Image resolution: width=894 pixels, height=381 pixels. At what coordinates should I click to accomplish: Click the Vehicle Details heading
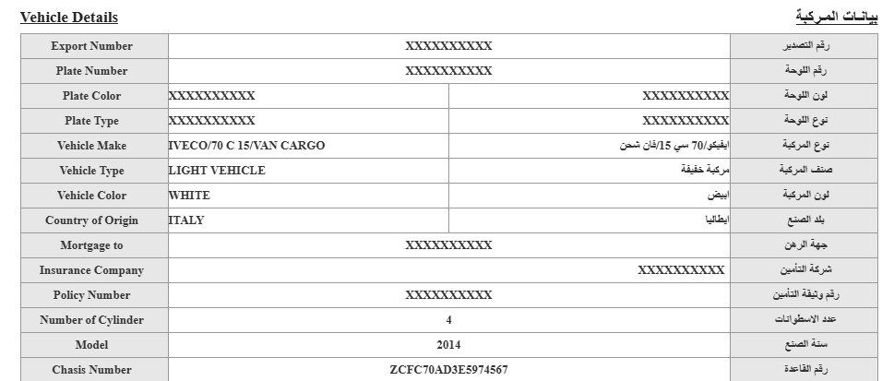(69, 18)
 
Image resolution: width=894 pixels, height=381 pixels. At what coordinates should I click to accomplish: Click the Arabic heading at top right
(837, 17)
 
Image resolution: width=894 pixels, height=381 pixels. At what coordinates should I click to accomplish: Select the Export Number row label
(91, 46)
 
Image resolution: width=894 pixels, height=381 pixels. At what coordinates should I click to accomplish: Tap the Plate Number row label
(91, 71)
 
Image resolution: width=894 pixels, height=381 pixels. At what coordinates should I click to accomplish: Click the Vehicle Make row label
(91, 146)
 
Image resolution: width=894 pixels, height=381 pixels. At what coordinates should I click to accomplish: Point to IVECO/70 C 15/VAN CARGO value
(247, 146)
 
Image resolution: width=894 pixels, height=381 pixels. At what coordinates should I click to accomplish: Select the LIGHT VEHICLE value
(217, 171)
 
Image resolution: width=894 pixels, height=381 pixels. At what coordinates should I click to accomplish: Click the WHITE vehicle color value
(189, 196)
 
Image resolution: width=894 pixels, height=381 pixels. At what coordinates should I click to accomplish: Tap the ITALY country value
(186, 220)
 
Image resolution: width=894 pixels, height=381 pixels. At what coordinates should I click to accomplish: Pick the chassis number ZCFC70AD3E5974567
(448, 370)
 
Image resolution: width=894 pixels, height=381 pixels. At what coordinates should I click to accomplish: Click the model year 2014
(448, 345)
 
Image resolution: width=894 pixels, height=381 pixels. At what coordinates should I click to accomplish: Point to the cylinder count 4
(448, 320)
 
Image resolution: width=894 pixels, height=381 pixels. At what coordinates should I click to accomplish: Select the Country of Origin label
(91, 220)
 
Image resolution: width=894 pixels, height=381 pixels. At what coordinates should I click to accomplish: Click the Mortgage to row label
(91, 245)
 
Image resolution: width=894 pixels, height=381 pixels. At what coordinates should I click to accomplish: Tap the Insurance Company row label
(91, 270)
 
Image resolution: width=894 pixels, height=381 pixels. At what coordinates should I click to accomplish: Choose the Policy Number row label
(91, 295)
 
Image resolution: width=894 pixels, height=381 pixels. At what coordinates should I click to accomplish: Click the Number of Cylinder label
(91, 320)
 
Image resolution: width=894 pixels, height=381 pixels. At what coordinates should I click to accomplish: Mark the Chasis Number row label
(91, 370)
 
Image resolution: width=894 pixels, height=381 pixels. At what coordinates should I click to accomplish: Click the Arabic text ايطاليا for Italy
(717, 220)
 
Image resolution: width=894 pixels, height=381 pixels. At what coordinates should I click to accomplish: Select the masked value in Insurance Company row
(681, 270)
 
